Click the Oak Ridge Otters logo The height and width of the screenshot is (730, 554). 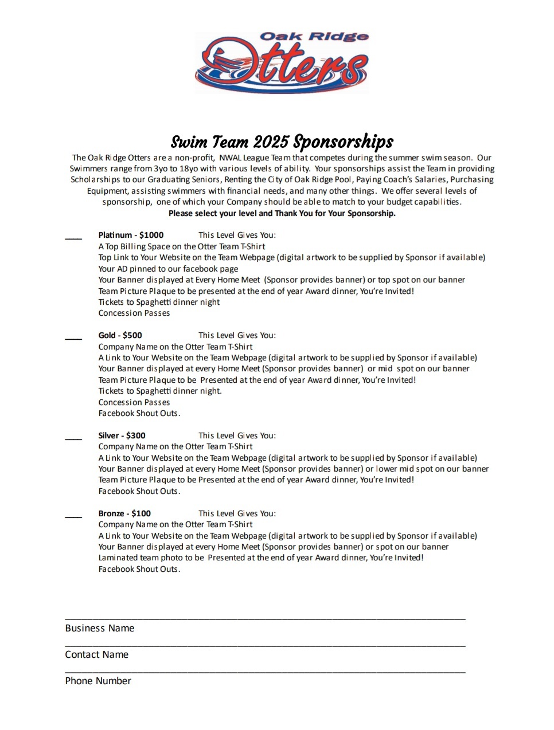coord(282,62)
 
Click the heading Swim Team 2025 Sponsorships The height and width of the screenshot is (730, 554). coord(282,142)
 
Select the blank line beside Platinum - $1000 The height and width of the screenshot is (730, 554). coord(73,236)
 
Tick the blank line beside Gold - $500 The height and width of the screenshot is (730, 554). coord(73,336)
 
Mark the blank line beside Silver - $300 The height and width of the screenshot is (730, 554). coord(73,437)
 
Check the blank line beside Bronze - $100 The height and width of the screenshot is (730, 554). coord(73,515)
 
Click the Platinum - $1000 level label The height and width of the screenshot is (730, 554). coord(131,235)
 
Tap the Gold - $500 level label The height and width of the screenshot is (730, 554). coord(120,335)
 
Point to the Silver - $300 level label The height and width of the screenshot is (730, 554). coord(122,435)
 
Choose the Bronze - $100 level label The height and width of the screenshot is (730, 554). coord(124,513)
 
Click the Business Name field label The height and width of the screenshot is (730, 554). coord(100,628)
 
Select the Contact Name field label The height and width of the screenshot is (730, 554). coord(97,654)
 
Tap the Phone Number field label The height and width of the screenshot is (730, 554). coord(98,681)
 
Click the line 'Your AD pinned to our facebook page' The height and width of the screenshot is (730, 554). coord(168,269)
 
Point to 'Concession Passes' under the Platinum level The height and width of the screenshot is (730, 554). coord(134,313)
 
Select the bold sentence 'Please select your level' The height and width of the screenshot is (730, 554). coord(282,213)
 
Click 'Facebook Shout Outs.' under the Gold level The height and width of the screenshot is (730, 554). coord(139,413)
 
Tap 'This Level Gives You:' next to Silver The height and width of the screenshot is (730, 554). coord(237,435)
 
